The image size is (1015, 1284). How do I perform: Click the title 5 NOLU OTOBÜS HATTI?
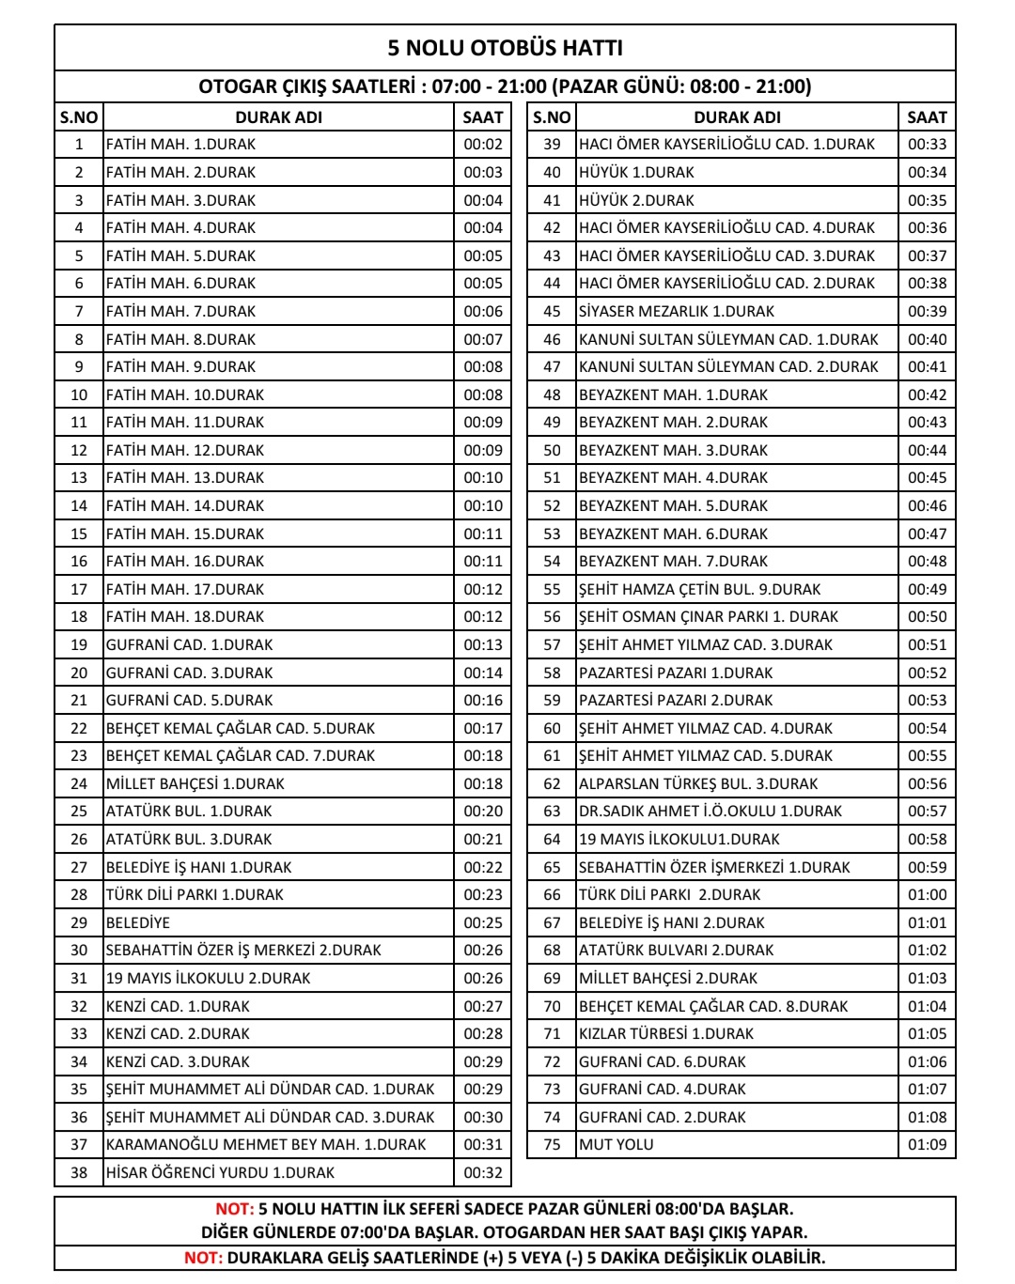pyautogui.click(x=505, y=48)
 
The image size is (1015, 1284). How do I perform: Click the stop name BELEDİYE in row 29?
pyautogui.click(x=138, y=922)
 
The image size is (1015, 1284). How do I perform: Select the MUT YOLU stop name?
pyautogui.click(x=617, y=1144)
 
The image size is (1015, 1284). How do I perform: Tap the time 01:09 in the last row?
pyautogui.click(x=927, y=1144)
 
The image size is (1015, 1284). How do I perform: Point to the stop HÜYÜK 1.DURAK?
pyautogui.click(x=636, y=172)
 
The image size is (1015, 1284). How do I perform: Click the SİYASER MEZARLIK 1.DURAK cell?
pyautogui.click(x=677, y=311)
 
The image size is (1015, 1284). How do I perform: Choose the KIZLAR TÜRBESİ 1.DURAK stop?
pyautogui.click(x=666, y=1033)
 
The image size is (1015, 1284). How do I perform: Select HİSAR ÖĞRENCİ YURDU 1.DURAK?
pyautogui.click(x=220, y=1172)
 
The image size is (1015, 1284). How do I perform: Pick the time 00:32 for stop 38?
pyautogui.click(x=483, y=1172)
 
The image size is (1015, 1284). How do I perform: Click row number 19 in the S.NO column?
pyautogui.click(x=79, y=644)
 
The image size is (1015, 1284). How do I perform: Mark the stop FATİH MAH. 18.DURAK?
pyautogui.click(x=185, y=616)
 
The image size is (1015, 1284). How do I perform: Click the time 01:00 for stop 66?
pyautogui.click(x=927, y=894)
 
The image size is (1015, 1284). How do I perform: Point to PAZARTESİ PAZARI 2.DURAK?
pyautogui.click(x=676, y=700)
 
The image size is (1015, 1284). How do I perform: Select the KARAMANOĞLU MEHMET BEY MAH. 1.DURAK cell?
pyautogui.click(x=266, y=1144)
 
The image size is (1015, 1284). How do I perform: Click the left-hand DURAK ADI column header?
pyautogui.click(x=278, y=117)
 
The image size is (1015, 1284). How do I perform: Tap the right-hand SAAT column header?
pyautogui.click(x=927, y=117)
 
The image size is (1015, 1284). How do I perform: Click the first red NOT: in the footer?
pyautogui.click(x=234, y=1209)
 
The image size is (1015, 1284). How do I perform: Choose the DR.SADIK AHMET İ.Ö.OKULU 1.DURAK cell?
pyautogui.click(x=710, y=811)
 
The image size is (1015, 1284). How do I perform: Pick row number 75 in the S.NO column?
pyautogui.click(x=552, y=1144)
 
